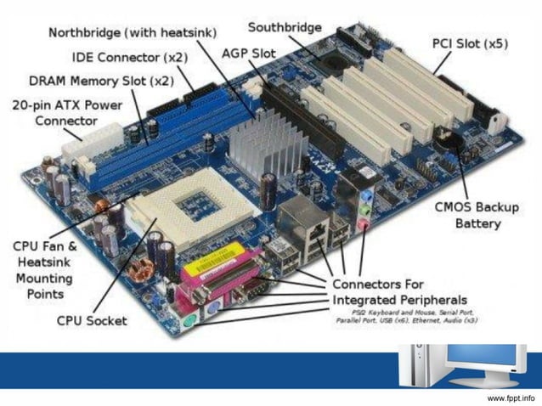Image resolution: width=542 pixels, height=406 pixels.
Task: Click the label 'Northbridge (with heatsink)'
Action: [x=132, y=32]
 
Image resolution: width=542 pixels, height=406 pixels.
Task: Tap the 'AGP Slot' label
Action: [x=248, y=53]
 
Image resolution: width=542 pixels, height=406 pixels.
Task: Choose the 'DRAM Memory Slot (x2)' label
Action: [x=101, y=82]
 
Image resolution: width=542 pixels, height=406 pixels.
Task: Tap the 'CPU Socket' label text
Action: [x=92, y=320]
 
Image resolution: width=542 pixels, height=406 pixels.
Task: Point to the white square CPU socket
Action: [x=188, y=209]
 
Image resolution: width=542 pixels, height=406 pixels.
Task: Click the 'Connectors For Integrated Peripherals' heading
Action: [x=398, y=291]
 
